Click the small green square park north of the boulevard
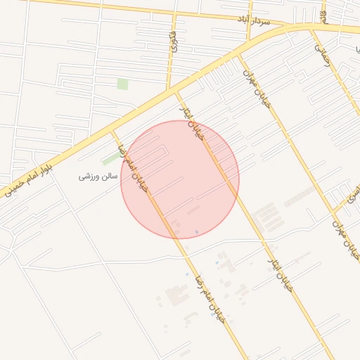123,84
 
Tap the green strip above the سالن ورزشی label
110,159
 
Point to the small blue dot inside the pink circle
196,231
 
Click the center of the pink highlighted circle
180,179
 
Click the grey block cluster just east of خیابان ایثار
266,216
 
